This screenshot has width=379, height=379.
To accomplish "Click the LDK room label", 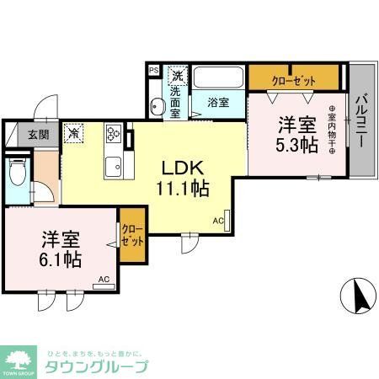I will click(x=181, y=167).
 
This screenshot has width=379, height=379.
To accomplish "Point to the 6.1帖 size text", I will click(x=61, y=259).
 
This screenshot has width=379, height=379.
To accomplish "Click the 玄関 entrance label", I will click(x=36, y=133).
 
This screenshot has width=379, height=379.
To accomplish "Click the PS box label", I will click(x=152, y=71).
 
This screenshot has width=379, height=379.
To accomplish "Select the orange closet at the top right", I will click(x=294, y=79).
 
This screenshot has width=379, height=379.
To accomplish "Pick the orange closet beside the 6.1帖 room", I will click(x=132, y=235).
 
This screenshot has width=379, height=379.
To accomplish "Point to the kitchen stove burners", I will click(x=114, y=133).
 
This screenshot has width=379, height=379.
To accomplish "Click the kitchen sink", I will click(x=114, y=164).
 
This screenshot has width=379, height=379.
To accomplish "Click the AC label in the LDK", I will click(x=218, y=221).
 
